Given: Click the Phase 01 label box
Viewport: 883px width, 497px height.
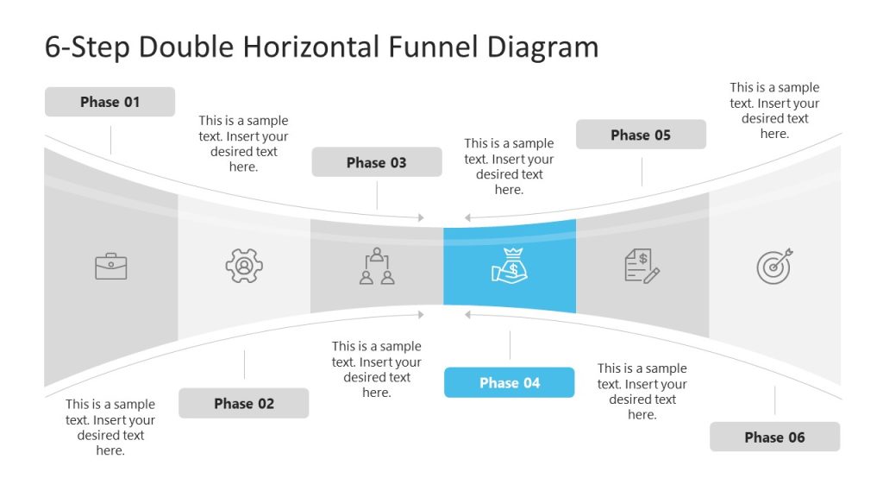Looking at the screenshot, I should click(x=110, y=102).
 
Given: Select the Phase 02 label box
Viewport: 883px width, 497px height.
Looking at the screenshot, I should click(x=244, y=403).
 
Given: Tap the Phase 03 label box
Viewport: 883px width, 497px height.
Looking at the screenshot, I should click(x=376, y=162).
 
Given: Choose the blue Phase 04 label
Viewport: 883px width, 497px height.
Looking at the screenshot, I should click(x=509, y=382).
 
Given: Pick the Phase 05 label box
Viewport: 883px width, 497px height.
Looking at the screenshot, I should click(x=641, y=135).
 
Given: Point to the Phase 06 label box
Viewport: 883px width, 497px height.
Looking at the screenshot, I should click(x=774, y=437).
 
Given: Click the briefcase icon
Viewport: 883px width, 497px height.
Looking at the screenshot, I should click(x=111, y=266).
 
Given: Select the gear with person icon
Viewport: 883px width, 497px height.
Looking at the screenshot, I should click(x=244, y=266).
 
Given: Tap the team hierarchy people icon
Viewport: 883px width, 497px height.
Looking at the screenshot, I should click(x=377, y=266).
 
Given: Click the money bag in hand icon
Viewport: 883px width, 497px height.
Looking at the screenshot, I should click(x=510, y=265).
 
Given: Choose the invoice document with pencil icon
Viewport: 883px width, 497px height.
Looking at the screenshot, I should click(x=642, y=265).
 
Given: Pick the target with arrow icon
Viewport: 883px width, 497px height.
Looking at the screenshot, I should click(x=774, y=266).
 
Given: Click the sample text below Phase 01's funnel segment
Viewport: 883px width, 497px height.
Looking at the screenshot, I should click(x=110, y=427).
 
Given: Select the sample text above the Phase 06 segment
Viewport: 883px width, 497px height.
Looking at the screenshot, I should click(x=774, y=110).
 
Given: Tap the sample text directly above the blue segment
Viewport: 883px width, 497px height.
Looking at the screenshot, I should click(x=509, y=167).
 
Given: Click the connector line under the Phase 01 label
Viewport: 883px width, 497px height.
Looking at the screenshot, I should click(x=110, y=139).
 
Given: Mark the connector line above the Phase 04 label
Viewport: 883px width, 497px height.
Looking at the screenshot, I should click(x=510, y=345).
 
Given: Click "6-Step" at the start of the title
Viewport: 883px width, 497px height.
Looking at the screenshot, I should click(x=87, y=47).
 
